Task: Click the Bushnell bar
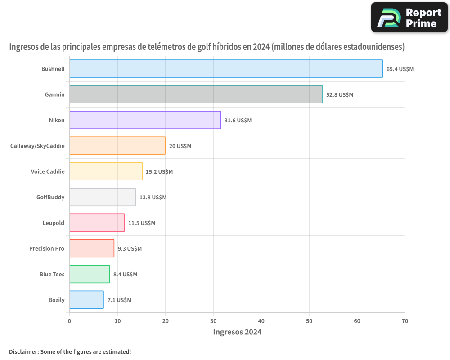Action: tap(226, 69)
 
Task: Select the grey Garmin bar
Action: tap(196, 94)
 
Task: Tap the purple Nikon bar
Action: tap(145, 120)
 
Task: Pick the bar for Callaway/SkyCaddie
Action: tap(117, 146)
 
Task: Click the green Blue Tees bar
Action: tap(90, 274)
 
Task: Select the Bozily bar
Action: tap(86, 300)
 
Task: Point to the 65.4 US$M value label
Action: tap(400, 69)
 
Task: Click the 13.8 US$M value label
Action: tap(153, 198)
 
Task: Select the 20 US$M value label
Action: tap(180, 146)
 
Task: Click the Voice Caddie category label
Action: tap(48, 171)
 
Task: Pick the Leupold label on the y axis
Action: tap(54, 223)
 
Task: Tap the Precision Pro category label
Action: tap(47, 248)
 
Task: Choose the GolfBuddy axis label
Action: tap(50, 197)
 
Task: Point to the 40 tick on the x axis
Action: tap(261, 321)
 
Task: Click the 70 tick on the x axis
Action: tap(405, 321)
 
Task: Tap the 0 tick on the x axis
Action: tap(69, 321)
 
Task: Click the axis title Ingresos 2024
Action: tap(237, 333)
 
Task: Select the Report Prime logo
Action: tap(409, 18)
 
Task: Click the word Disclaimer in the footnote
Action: tap(23, 351)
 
